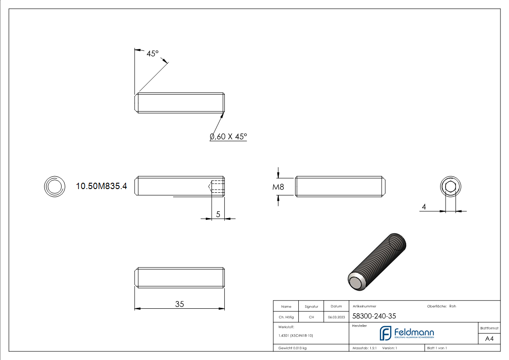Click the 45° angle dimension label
152,54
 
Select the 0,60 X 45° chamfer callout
228,136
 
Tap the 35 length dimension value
179,304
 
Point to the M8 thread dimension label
279,187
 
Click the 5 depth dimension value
218,214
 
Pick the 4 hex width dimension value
424,207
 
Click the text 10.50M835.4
102,186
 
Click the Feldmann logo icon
386,333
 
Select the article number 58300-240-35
368,316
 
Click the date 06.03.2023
336,317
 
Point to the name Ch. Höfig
286,317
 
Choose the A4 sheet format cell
489,339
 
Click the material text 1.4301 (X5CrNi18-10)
296,336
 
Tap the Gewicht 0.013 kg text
292,348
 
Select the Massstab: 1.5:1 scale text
365,348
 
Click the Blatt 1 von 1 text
437,348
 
